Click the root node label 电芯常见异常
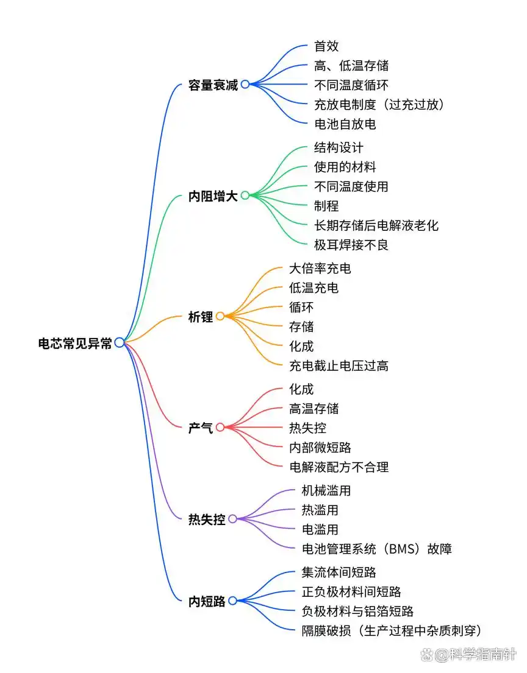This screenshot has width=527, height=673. pos(75,343)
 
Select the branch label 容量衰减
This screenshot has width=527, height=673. pos(213,85)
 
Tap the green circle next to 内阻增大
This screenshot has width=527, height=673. pos(245,196)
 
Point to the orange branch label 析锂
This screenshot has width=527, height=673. pos(201,317)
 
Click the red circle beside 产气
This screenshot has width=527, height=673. pos(220,428)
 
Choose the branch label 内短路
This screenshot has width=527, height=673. pos(207,602)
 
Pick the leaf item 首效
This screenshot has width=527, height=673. pos(326,46)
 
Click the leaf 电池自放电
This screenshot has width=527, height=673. pos(345,124)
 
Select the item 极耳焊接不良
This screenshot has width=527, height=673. pos(351,245)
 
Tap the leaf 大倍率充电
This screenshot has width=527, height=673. pos(320,268)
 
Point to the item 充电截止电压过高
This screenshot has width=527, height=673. pos(339,365)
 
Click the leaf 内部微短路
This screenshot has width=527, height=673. pos(320,448)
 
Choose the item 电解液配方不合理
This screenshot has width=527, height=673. pos(339,467)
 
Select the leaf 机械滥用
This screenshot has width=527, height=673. pos(326,490)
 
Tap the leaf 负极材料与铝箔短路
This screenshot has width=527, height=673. pos(357,611)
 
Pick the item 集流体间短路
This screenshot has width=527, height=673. pos(339,573)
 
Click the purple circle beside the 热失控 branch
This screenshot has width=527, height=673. pos(232,519)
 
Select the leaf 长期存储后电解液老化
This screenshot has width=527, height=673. pos(376,225)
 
